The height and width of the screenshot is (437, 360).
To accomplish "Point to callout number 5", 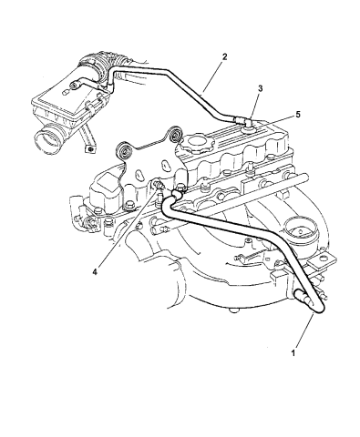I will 271,115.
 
